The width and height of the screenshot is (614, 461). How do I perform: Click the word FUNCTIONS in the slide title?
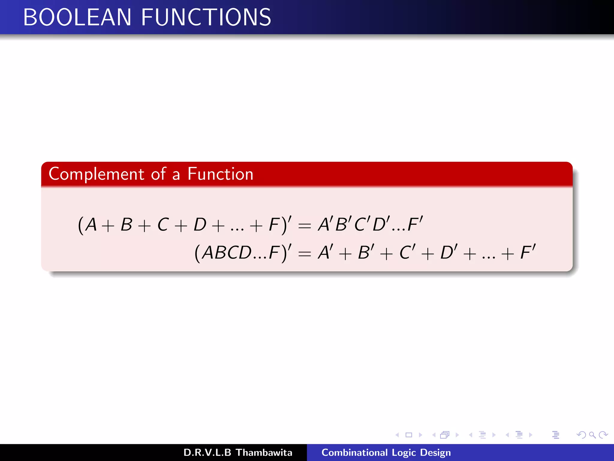point(206,17)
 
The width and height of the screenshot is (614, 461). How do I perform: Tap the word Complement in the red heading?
point(97,174)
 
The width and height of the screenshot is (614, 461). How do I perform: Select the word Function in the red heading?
point(220,174)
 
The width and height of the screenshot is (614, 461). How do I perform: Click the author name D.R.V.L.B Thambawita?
point(238,453)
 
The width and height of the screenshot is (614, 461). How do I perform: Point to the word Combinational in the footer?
point(354,453)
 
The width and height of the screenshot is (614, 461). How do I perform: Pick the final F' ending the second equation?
point(528,252)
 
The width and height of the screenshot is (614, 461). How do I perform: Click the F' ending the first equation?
point(415,224)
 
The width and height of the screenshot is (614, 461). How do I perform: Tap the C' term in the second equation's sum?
point(407,252)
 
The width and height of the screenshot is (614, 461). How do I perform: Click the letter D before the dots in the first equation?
point(200,224)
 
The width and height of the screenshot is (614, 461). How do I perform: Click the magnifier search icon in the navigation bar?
point(592,435)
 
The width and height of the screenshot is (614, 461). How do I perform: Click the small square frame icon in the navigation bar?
point(409,435)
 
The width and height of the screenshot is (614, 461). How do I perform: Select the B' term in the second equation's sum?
point(366,252)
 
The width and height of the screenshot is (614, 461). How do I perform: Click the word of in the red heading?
point(158,174)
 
